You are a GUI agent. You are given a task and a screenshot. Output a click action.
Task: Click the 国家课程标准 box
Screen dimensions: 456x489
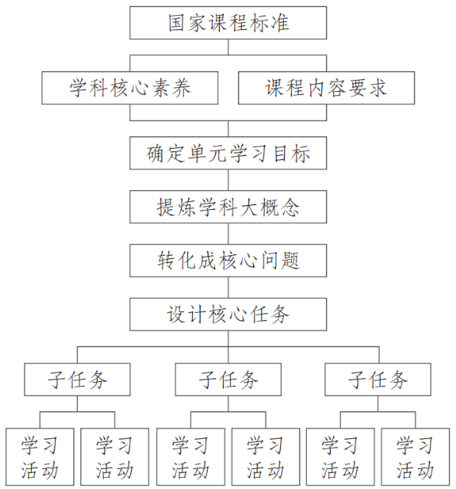(228, 23)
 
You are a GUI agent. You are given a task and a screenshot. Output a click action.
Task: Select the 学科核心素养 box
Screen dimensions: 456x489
(130, 88)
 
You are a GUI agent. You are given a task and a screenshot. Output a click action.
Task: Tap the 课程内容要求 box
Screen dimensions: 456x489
(327, 88)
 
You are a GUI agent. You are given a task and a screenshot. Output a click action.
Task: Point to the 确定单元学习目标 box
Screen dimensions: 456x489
(228, 153)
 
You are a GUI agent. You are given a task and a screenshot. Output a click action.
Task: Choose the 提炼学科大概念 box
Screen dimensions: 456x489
(228, 207)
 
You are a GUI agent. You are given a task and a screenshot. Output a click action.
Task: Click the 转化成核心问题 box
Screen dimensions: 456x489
(228, 261)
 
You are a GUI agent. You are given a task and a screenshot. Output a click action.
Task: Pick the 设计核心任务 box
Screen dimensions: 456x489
(228, 315)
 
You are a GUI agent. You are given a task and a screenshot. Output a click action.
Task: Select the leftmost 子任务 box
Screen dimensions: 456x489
(78, 380)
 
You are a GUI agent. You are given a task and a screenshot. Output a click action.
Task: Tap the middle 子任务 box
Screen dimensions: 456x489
(228, 380)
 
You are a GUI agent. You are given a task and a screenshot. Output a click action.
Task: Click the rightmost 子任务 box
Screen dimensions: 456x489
(378, 380)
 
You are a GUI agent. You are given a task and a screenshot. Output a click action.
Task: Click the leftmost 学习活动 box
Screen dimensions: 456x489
(40, 457)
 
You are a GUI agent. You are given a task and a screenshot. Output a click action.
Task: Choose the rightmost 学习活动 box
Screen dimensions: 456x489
(416, 457)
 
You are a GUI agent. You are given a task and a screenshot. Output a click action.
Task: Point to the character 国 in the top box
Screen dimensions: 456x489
(178, 23)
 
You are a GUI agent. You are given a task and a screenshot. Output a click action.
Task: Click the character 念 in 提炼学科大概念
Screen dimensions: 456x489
(290, 207)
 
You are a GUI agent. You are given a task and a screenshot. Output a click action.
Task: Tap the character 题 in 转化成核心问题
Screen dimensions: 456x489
(290, 261)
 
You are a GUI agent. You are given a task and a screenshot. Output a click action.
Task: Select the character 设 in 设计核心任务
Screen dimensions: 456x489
(177, 315)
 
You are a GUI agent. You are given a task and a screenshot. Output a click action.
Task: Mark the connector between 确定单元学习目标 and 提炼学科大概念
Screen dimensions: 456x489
(228, 180)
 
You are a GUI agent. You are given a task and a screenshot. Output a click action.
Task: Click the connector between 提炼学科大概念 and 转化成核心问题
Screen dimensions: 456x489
(228, 234)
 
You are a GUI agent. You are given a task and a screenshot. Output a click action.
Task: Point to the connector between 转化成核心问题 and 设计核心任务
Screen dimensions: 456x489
(228, 288)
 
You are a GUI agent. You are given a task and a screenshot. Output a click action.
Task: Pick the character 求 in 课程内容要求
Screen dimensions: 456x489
(377, 88)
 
